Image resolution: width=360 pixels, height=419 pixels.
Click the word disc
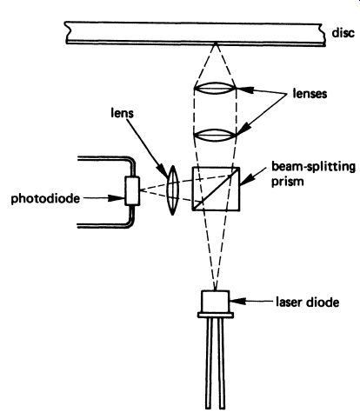pyautogui.click(x=343, y=32)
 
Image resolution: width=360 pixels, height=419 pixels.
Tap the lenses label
pyautogui.click(x=310, y=94)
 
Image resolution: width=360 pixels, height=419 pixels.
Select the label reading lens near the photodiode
pyautogui.click(x=122, y=113)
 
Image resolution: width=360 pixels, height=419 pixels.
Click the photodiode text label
pyautogui.click(x=45, y=199)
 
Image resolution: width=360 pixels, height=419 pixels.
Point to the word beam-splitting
pyautogui.click(x=313, y=168)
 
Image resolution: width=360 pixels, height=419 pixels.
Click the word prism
pyautogui.click(x=287, y=182)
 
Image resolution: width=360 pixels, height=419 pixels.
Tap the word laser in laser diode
pyautogui.click(x=290, y=303)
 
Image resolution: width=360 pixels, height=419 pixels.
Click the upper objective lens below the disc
pyautogui.click(x=215, y=88)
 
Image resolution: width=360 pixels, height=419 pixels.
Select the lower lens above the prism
pyautogui.click(x=215, y=135)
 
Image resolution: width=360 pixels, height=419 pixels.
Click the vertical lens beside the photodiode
pyautogui.click(x=173, y=190)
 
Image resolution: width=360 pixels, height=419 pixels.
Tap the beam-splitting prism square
pyautogui.click(x=216, y=189)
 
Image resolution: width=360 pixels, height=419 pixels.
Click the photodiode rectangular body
pyautogui.click(x=132, y=191)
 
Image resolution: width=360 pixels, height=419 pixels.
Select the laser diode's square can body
pyautogui.click(x=216, y=302)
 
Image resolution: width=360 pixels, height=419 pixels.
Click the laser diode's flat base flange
pyautogui.click(x=216, y=315)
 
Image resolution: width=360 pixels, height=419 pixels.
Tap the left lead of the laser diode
pyautogui.click(x=209, y=363)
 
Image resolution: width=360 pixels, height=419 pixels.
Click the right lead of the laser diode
pyautogui.click(x=222, y=363)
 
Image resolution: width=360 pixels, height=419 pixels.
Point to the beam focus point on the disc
pyautogui.click(x=215, y=43)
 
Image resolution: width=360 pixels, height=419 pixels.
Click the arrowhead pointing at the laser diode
pyautogui.click(x=237, y=302)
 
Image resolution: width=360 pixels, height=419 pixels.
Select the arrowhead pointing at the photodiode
pyautogui.click(x=117, y=198)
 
